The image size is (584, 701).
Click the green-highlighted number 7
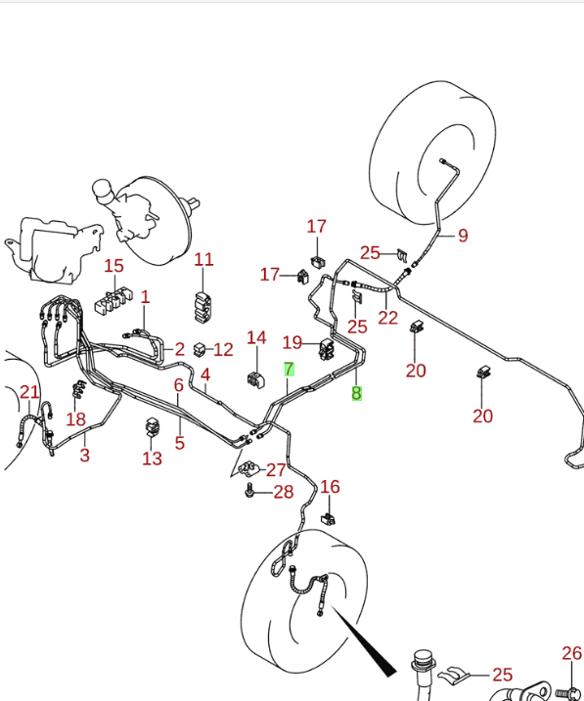click(289, 370)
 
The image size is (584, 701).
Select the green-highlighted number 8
click(356, 393)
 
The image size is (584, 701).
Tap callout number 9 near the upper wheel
click(464, 236)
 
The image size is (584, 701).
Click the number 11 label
click(203, 260)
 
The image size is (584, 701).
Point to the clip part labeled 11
click(203, 307)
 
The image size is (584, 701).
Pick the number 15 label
click(113, 266)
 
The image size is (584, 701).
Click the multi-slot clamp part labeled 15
click(113, 302)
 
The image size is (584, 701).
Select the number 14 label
click(256, 338)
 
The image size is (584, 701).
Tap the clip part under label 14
click(255, 379)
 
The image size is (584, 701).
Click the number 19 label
click(292, 343)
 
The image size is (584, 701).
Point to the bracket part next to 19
click(327, 349)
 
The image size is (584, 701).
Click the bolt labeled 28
click(249, 492)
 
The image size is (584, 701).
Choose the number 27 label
click(276, 470)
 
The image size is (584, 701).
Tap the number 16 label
click(330, 487)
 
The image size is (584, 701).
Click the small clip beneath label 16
click(329, 519)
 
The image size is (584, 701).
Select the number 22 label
click(387, 318)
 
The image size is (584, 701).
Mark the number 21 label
click(29, 392)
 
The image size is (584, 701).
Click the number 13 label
click(152, 459)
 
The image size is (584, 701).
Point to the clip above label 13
click(153, 426)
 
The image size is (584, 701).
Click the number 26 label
click(572, 653)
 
